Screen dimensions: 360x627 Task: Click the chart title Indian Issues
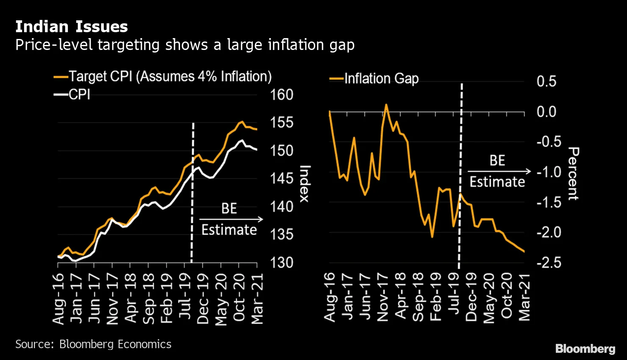point(71,27)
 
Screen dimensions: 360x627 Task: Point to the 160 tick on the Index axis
point(282,94)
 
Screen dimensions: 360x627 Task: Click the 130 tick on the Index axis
point(282,263)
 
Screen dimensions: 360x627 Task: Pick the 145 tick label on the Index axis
point(282,178)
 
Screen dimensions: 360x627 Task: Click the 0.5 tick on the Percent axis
point(546,81)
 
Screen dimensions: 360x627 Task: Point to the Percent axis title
point(573,174)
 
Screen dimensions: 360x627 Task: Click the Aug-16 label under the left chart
point(58,299)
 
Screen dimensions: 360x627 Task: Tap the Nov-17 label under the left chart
point(112,299)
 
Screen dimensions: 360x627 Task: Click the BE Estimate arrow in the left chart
point(231,219)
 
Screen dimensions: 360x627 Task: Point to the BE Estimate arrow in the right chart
point(499,171)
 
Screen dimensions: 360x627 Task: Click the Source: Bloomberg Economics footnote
point(93,344)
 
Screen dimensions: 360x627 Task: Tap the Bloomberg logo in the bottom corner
point(585,349)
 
